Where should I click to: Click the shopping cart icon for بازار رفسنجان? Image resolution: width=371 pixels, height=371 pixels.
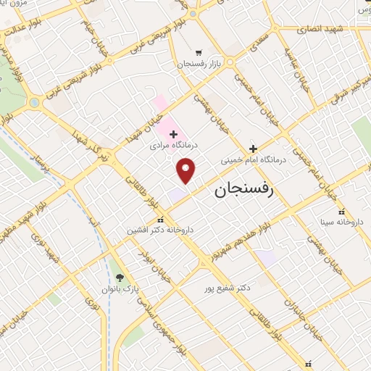point(199,53)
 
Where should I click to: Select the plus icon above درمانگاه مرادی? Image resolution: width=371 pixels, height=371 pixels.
point(173,134)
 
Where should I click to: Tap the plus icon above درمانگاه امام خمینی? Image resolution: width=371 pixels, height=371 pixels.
point(253,148)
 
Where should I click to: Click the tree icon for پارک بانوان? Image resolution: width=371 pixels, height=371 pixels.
point(120,278)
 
